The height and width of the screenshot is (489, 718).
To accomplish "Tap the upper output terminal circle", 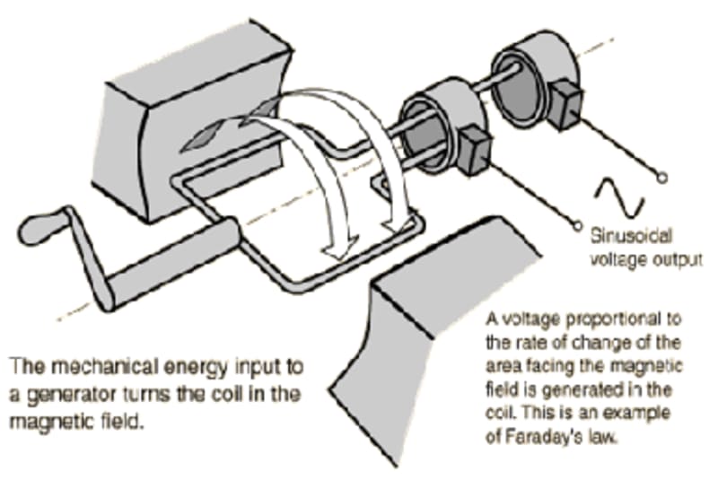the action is (662, 177).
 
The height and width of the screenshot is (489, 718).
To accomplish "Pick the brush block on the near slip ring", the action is (473, 148).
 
